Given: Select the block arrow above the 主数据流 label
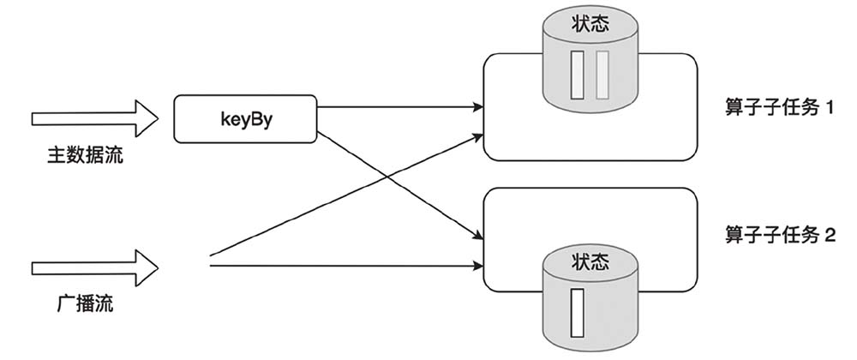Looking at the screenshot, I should tap(94, 117).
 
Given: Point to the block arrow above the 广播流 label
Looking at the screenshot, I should tap(94, 265).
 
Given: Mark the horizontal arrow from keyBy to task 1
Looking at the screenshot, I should tap(399, 108).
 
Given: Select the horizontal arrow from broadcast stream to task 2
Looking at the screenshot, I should tap(343, 265).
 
